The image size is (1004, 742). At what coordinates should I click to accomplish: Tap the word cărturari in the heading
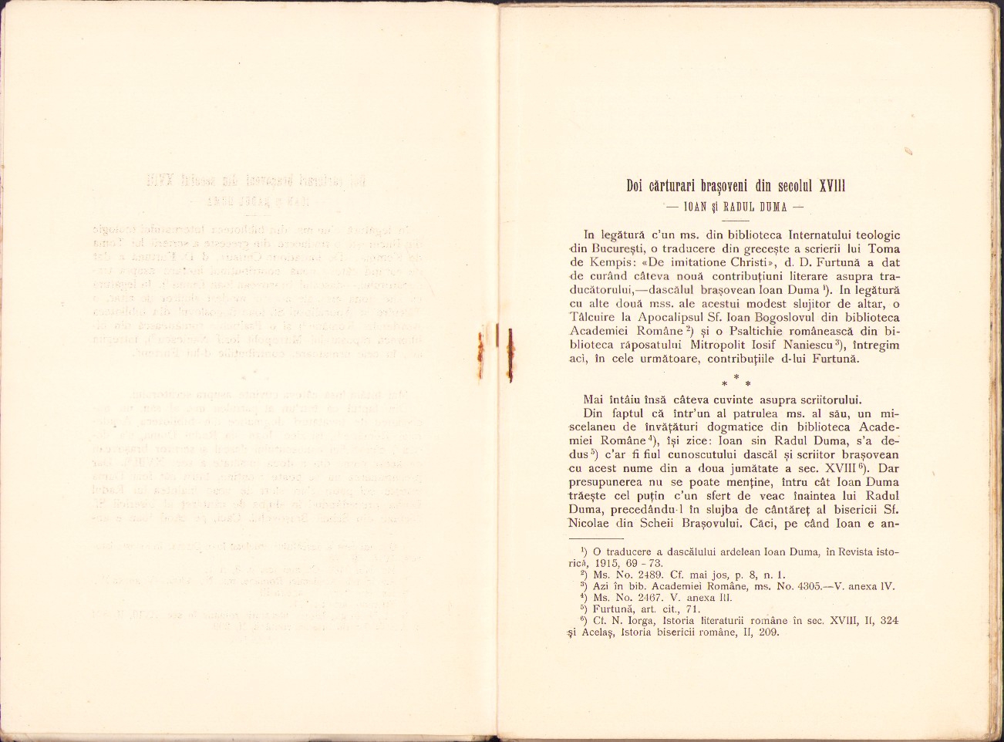[x=675, y=186]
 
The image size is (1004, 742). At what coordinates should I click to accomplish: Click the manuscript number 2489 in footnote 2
[x=650, y=575]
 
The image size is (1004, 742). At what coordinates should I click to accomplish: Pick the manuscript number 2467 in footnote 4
[x=650, y=598]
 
